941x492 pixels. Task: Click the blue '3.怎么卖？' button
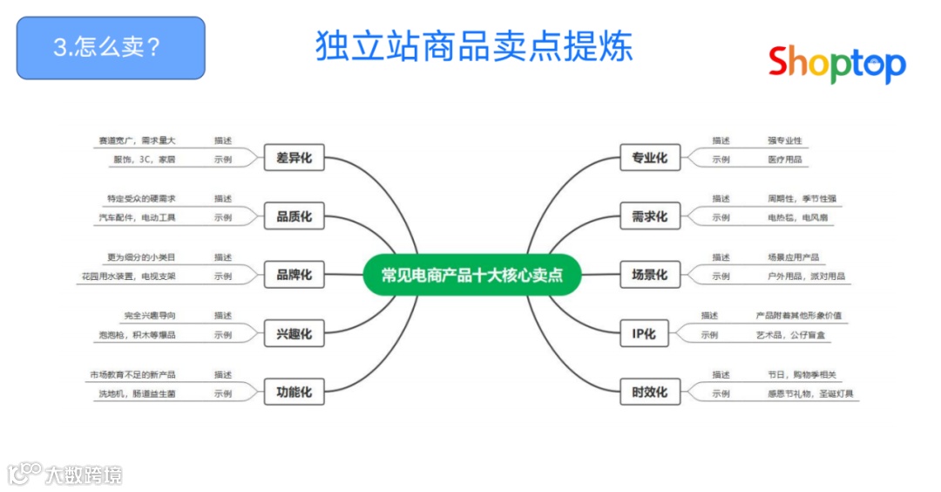coord(111,48)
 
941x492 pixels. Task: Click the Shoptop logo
coord(836,63)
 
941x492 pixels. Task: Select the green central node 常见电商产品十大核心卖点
coord(471,275)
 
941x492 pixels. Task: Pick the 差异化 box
coord(294,158)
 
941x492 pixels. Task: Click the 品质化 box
coord(294,216)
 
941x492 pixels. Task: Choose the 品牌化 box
coord(294,275)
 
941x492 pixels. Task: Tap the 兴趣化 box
coord(294,333)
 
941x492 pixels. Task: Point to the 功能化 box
coord(294,392)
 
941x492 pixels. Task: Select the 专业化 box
coord(649,158)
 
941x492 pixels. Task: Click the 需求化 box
coord(649,216)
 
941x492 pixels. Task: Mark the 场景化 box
coord(649,275)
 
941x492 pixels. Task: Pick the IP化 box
coord(644,333)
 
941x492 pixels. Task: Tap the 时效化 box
coord(649,392)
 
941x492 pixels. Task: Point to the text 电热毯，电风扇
coord(794,217)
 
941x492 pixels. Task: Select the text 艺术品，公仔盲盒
coord(795,335)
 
